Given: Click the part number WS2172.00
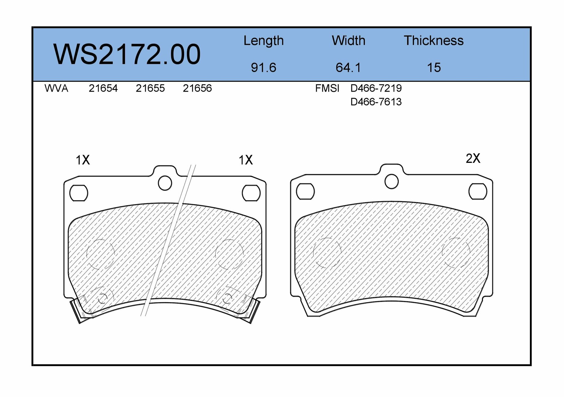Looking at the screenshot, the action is pyautogui.click(x=127, y=54).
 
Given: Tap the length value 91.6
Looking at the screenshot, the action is pyautogui.click(x=264, y=68).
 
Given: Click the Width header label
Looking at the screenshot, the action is pyautogui.click(x=349, y=41).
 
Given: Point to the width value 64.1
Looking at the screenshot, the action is pyautogui.click(x=349, y=68).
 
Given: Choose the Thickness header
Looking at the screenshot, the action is pyautogui.click(x=434, y=41).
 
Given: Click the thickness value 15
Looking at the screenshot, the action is pyautogui.click(x=434, y=68).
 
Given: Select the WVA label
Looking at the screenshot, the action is pyautogui.click(x=56, y=88).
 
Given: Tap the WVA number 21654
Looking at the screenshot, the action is pyautogui.click(x=103, y=88).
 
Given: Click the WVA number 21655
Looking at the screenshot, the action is pyautogui.click(x=150, y=88).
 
